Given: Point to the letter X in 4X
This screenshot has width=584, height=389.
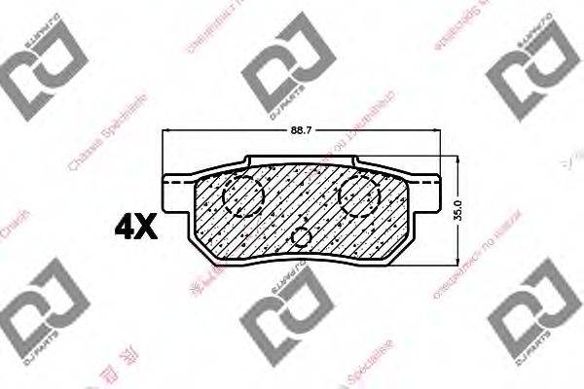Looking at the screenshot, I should coord(147,228).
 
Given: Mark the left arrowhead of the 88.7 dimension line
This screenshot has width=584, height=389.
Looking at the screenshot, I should coord(166,132).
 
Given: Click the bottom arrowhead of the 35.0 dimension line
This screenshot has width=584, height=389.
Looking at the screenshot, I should coord(457,260).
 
